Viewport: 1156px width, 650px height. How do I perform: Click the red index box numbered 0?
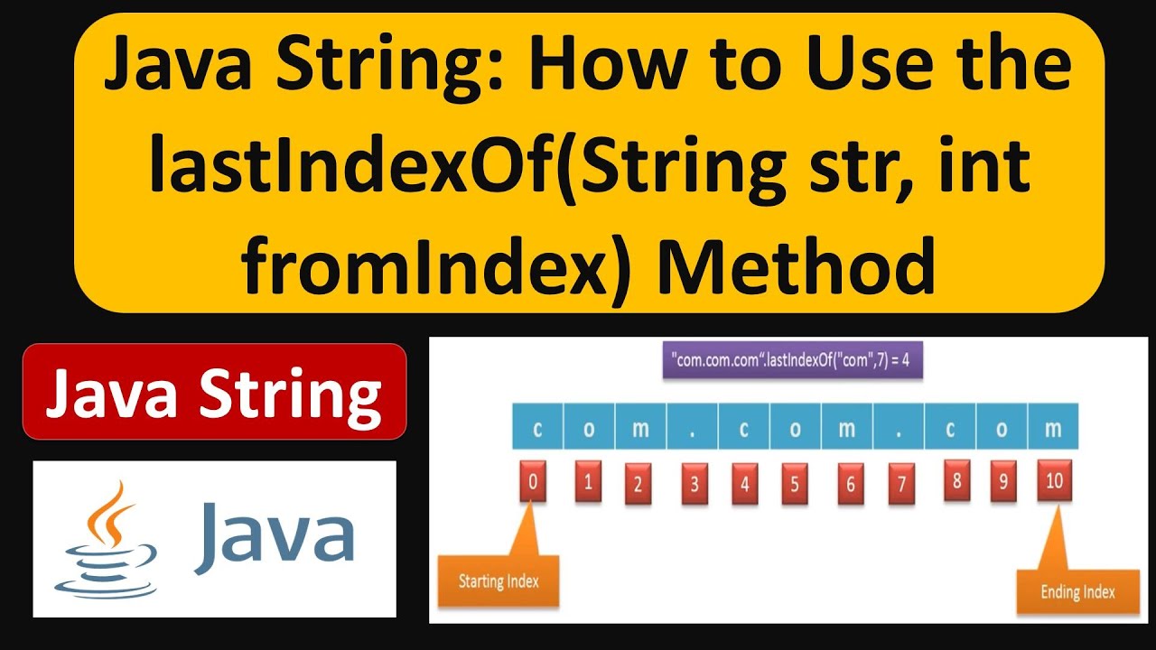[533, 482]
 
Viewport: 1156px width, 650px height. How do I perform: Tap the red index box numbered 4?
[744, 483]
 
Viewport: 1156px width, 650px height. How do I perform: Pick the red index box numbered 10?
[1053, 480]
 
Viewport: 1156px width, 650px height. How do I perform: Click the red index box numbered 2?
[638, 484]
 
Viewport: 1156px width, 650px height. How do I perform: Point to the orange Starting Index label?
[499, 580]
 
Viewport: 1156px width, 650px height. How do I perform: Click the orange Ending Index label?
[1077, 592]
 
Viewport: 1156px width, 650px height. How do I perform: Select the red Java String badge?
[214, 392]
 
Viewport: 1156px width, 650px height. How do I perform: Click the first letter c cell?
[537, 428]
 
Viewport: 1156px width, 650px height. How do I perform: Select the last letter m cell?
[1053, 428]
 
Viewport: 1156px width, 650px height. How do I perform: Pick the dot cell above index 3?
[693, 428]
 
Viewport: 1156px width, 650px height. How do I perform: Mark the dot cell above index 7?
[899, 428]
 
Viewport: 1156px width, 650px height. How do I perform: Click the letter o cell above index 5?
[796, 428]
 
